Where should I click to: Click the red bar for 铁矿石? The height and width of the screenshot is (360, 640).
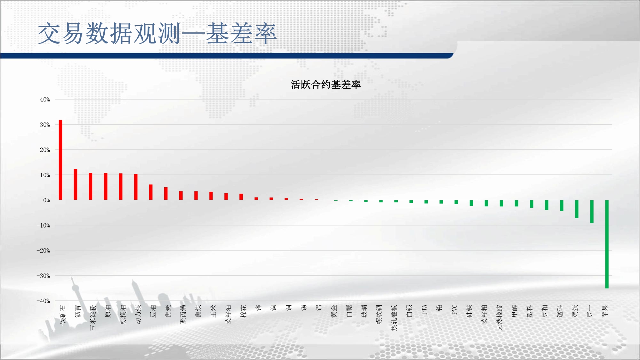coord(60,160)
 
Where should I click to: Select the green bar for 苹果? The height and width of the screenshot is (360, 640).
coord(607,244)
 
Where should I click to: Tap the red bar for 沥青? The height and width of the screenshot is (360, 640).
coord(76,184)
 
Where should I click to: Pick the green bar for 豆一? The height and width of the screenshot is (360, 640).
coord(592,212)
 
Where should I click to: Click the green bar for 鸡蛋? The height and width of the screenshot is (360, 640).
coord(577,209)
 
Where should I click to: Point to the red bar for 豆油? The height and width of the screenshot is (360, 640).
coord(151,192)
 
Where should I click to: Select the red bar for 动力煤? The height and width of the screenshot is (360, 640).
coord(136,187)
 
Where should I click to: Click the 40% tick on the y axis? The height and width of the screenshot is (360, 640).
coord(45,100)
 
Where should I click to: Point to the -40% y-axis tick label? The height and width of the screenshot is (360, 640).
coord(43,301)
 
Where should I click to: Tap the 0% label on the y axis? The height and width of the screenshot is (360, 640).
coord(47,200)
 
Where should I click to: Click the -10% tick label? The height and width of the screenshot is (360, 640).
coord(43,225)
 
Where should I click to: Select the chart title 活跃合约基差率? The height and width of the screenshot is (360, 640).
coord(326,84)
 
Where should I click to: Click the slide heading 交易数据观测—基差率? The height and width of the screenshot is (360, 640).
coord(157,33)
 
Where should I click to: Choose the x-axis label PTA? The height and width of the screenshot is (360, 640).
coord(424,309)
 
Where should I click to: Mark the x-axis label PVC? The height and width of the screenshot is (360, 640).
coord(454,309)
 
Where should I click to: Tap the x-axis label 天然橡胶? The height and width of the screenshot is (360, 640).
coord(500,317)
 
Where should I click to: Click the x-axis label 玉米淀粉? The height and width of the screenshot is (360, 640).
coord(93,317)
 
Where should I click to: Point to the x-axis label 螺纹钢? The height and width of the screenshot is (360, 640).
coord(379,314)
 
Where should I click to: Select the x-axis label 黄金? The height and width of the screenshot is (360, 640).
coord(334,311)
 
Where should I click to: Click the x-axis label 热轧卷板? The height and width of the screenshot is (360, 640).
coord(394,317)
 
